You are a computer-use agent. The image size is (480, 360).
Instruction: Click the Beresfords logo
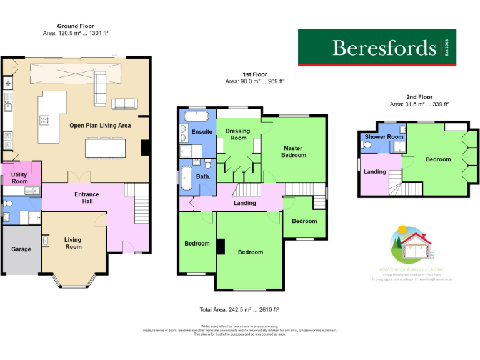[x=377, y=47]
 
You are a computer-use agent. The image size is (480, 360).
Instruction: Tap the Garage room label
[x=21, y=249]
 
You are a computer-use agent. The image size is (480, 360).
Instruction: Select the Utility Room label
[x=19, y=177]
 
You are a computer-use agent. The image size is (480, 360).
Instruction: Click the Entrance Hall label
[x=87, y=198]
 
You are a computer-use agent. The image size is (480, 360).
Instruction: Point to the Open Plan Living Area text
[x=100, y=126]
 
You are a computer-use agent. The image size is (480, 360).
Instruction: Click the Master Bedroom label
[x=294, y=151]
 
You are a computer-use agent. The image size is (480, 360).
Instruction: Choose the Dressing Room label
[x=237, y=134]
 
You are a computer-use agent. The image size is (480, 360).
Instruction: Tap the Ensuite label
[x=202, y=132]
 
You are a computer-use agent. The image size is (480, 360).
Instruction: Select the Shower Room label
[x=384, y=137]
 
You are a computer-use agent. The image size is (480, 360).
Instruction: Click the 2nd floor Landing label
[x=375, y=171]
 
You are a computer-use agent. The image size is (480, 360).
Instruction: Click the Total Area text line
[x=239, y=309]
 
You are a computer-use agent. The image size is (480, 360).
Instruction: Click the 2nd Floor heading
[x=419, y=97]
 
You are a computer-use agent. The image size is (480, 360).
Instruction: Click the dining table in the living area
[x=105, y=147]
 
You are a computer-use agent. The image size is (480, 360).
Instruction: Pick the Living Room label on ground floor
[x=73, y=243]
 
